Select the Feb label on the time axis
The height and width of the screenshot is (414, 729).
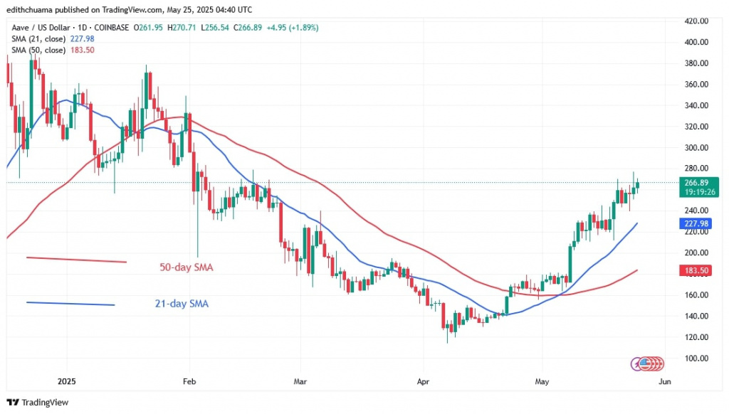click(x=189, y=381)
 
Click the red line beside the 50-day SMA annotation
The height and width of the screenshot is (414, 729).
click(x=76, y=260)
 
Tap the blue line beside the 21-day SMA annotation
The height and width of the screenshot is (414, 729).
click(x=70, y=304)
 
